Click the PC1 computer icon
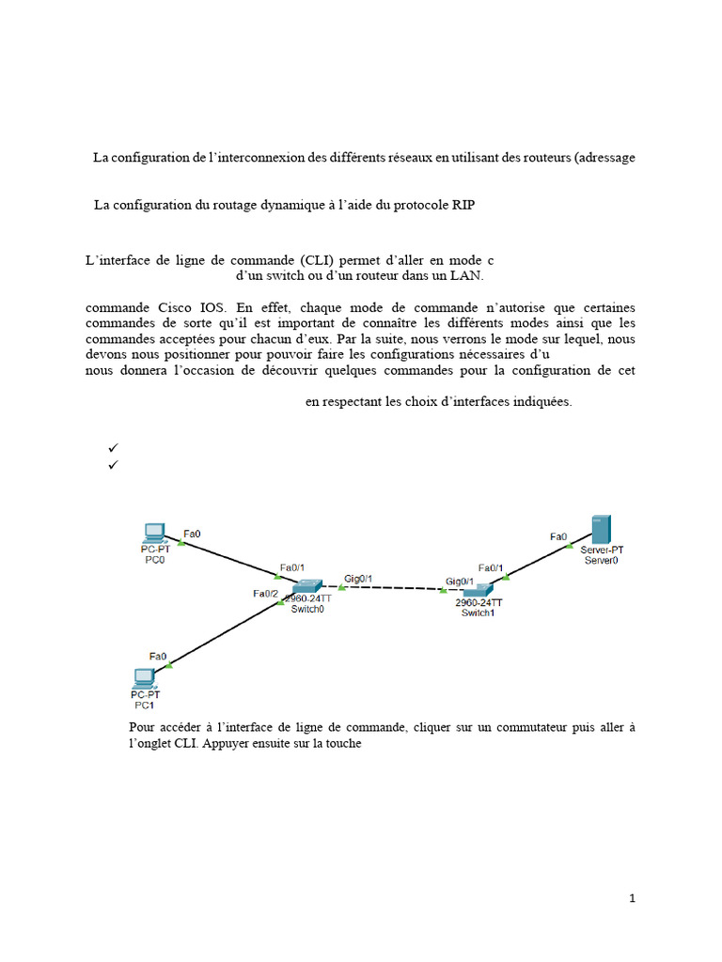[144, 677]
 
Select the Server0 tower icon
[599, 529]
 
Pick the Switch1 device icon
[479, 592]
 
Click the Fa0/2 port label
[265, 594]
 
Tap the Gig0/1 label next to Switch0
[358, 578]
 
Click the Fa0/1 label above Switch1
[492, 567]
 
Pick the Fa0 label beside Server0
[558, 537]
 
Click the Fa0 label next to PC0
[192, 534]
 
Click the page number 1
[633, 898]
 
